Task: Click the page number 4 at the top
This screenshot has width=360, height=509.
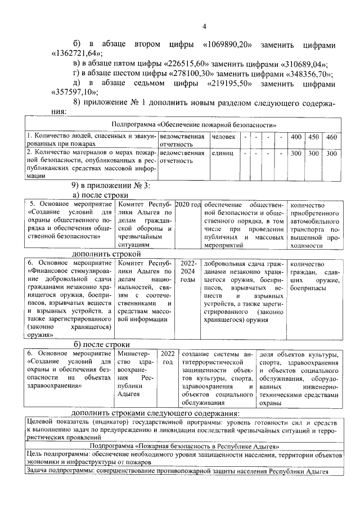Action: pyautogui.click(x=205, y=26)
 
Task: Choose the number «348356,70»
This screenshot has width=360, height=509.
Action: pyautogui.click(x=308, y=74)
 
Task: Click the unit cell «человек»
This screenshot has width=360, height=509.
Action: pyautogui.click(x=223, y=137)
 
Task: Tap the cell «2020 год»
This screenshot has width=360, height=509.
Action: pyautogui.click(x=188, y=205)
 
